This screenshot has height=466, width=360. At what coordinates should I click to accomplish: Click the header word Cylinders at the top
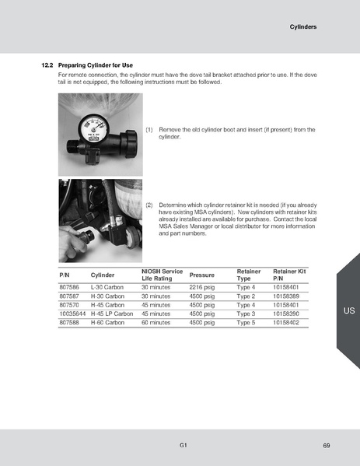click(x=303, y=26)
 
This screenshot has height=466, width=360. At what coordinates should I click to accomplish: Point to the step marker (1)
click(x=149, y=129)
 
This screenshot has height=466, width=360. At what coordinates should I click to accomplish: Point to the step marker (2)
click(x=149, y=204)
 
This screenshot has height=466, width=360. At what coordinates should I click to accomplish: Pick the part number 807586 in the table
click(x=70, y=288)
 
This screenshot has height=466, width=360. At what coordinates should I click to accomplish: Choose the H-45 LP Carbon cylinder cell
click(x=112, y=314)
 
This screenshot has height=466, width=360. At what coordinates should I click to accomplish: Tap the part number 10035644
click(x=73, y=314)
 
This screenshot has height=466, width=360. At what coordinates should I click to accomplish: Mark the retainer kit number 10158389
click(x=286, y=296)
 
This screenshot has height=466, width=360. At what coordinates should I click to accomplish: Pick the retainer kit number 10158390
click(x=286, y=314)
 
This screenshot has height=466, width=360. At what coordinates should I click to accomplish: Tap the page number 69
click(x=326, y=445)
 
